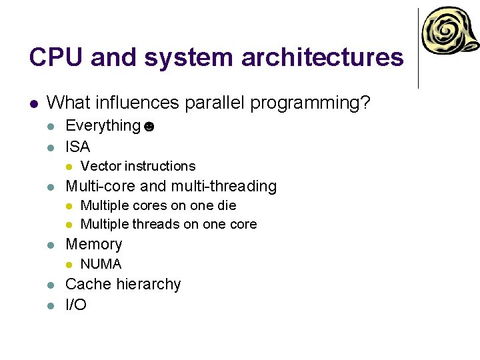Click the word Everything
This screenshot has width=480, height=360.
[103, 125]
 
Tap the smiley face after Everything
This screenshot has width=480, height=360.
[149, 127]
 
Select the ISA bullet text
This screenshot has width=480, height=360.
[77, 146]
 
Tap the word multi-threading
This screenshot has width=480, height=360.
[224, 186]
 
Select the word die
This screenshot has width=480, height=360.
[227, 205]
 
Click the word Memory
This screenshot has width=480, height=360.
[94, 244]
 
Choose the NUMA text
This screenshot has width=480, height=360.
[101, 264]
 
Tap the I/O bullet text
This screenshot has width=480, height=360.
[76, 305]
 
